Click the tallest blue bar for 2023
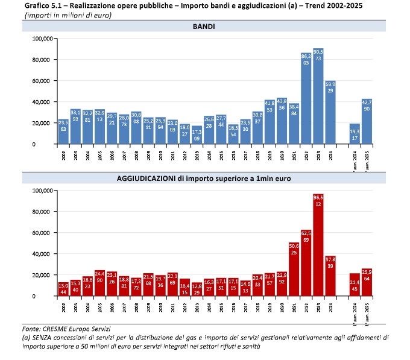(x=318, y=96)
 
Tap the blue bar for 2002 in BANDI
(x=63, y=131)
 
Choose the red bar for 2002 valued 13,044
(x=63, y=289)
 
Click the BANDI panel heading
(x=205, y=27)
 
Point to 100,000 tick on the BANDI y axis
(x=42, y=39)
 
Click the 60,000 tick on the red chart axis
(x=42, y=233)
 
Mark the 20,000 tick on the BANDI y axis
(x=42, y=123)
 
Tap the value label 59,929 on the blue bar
(x=330, y=87)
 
